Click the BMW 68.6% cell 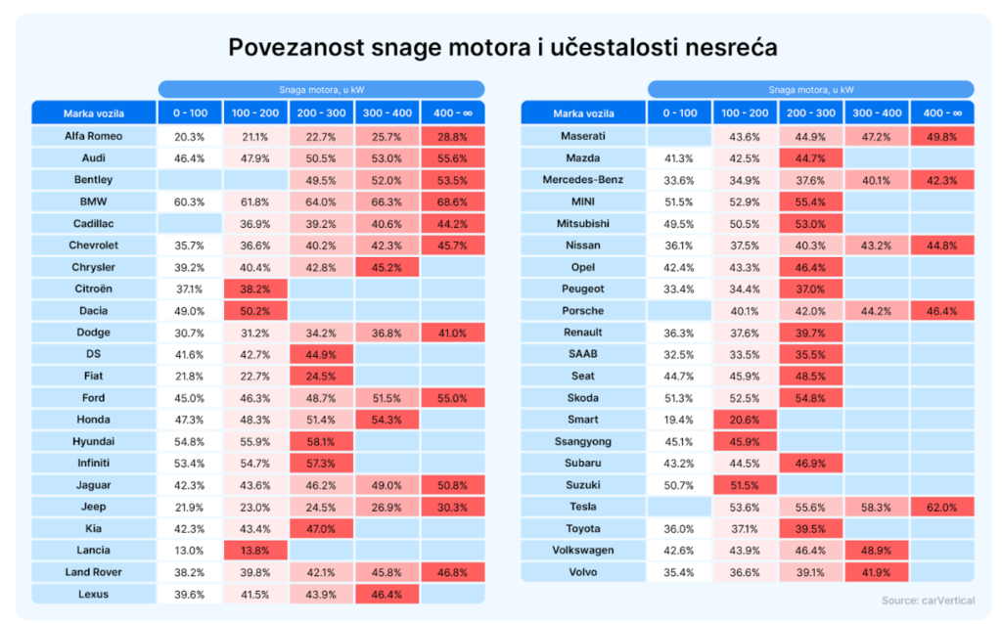tap(452, 201)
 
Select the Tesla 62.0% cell tap(942, 507)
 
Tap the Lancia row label tap(93, 551)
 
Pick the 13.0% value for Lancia tap(190, 551)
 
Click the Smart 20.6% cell tap(746, 420)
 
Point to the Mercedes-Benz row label tap(582, 180)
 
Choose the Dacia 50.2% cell tap(255, 311)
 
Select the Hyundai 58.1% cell tap(321, 441)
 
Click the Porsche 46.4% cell tap(942, 311)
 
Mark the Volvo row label tap(582, 572)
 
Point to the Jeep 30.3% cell tap(452, 507)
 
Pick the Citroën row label tap(93, 289)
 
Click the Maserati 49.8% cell tap(942, 136)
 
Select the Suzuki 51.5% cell tap(746, 485)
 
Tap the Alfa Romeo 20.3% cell tap(190, 136)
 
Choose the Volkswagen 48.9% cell tap(877, 551)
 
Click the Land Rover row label tap(93, 572)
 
